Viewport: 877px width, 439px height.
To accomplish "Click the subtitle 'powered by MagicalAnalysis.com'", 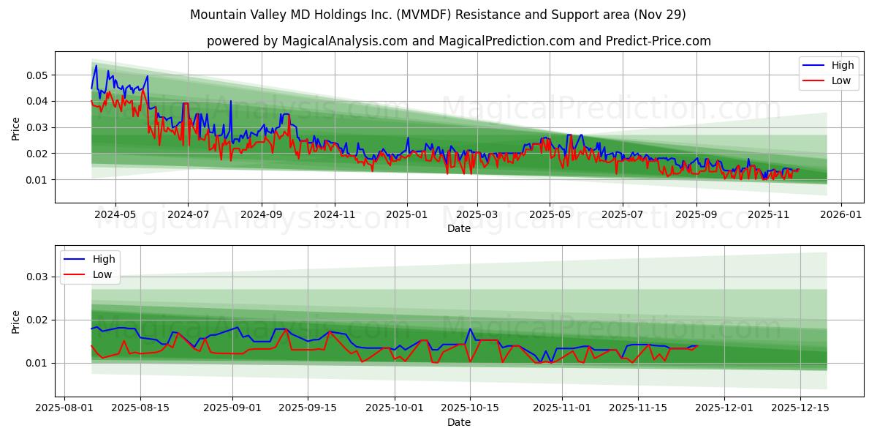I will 458,41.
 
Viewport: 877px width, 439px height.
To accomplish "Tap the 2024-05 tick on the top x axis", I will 115,215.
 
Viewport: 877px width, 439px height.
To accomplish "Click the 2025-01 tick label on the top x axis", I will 406,215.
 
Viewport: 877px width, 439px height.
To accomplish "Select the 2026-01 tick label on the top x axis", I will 841,215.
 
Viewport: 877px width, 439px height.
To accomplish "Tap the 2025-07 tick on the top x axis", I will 622,215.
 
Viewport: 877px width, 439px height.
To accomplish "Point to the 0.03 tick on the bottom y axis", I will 36,277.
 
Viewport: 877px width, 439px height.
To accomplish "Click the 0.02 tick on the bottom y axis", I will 36,320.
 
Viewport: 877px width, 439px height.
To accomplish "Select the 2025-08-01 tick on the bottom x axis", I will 65,408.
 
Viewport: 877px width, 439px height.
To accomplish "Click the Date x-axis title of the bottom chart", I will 459,422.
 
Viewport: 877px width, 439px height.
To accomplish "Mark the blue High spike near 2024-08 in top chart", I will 230,102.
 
